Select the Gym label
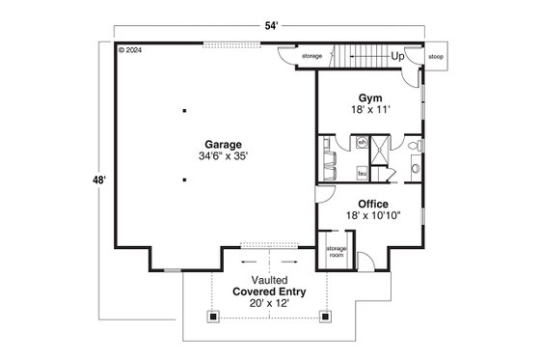pos(370,98)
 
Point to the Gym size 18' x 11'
pos(370,111)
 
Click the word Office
pos(372,204)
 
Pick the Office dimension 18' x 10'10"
pos(372,216)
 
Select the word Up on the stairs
pos(397,57)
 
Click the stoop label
pos(436,56)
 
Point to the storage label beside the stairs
pos(311,56)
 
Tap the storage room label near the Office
pos(336,251)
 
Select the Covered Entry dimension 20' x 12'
pos(270,303)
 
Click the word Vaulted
pos(270,280)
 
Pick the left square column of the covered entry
pos(213,314)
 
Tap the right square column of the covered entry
pos(326,314)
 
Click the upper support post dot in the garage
pos(183,111)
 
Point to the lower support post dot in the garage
pos(183,180)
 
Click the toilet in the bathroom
pos(413,146)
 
